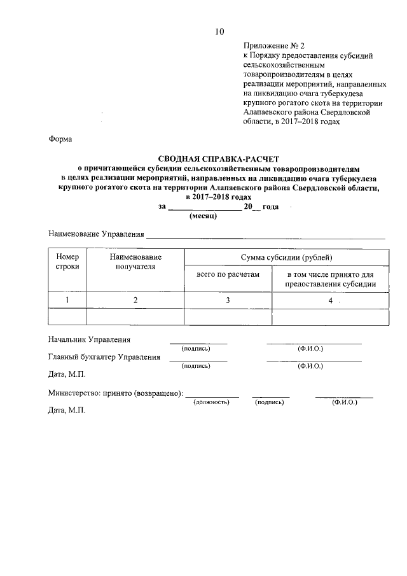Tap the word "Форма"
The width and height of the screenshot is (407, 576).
[60, 139]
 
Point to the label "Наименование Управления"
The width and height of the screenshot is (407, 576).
[96, 234]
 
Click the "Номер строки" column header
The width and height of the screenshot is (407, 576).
[67, 262]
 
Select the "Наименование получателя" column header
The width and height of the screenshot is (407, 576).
[135, 262]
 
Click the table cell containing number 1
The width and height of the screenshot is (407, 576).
[67, 300]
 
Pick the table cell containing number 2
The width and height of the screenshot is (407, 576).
[135, 300]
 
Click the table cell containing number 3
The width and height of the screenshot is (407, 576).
[228, 300]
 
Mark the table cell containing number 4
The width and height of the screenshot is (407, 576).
[331, 300]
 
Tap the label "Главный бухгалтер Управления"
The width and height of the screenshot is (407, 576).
[104, 357]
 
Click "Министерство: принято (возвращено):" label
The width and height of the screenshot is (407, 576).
[116, 393]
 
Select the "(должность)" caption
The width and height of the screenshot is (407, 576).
[212, 402]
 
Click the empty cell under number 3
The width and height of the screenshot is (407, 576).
[228, 316]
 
